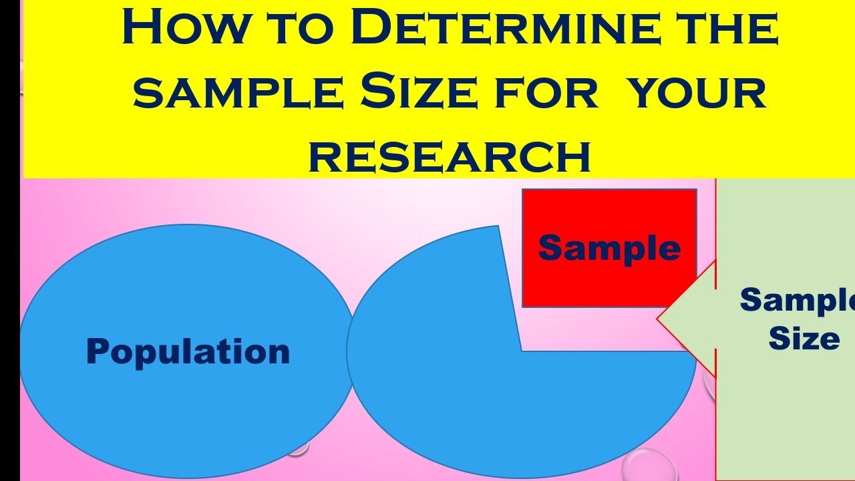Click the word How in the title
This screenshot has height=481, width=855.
[x=184, y=25]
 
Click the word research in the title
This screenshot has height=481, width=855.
[x=450, y=157]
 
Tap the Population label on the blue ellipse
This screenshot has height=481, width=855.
[x=188, y=352]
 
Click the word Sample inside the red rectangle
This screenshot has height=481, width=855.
[x=609, y=248]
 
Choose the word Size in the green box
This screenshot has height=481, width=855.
[x=804, y=338]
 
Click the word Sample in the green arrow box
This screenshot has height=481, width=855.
[x=798, y=300]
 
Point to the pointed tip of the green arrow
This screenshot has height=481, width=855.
[x=657, y=319]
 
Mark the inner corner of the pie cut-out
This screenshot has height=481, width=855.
[x=522, y=351]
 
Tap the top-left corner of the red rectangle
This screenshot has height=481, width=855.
[x=522, y=189]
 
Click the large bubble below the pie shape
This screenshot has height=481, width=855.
[x=648, y=466]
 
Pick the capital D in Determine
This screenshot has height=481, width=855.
[x=371, y=25]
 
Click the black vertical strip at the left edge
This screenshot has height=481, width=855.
[x=10, y=240]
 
